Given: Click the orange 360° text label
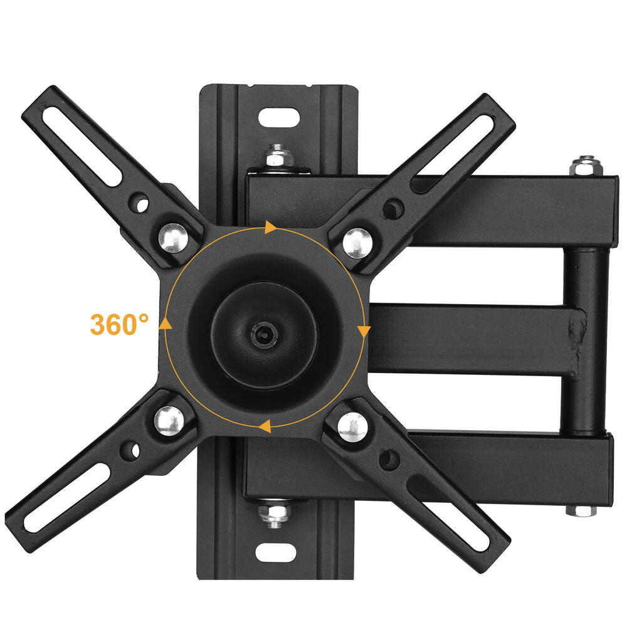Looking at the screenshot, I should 119,324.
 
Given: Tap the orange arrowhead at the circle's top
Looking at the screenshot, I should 270,227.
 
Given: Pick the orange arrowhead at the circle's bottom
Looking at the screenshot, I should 265,427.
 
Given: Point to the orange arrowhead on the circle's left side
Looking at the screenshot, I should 166,323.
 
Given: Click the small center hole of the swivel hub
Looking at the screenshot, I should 261,334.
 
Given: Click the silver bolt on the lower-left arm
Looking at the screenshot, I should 167,419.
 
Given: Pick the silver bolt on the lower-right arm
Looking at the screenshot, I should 352,427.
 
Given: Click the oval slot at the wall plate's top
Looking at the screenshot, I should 278,117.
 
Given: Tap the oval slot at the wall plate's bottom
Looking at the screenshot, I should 276,552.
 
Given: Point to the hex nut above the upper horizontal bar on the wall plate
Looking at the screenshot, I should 275,155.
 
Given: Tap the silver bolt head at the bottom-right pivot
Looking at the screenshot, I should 582,509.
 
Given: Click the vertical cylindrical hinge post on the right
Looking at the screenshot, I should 589,339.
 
